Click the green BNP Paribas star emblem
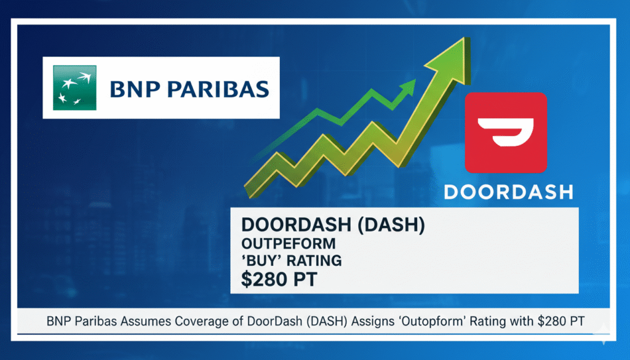pos(70,89)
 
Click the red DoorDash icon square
pos(506,132)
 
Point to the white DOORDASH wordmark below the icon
pos(508,191)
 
